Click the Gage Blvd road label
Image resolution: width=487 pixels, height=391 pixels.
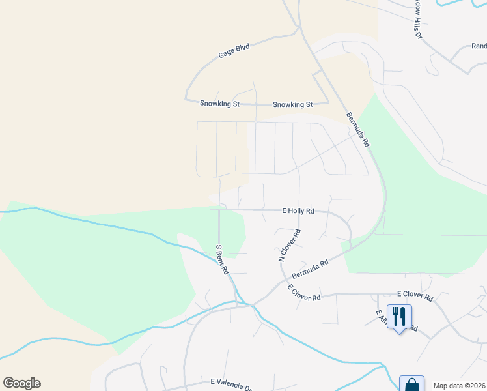[234, 51]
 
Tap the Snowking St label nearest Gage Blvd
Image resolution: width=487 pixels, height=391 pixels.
[219, 104]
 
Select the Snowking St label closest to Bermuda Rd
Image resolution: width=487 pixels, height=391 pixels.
[292, 104]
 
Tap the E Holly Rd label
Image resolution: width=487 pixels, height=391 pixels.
[298, 211]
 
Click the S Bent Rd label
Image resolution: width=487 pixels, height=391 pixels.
[222, 259]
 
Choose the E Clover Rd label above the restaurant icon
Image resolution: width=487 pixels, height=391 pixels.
[415, 296]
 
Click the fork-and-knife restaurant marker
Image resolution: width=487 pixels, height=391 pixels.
[398, 317]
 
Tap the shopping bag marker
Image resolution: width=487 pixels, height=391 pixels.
[411, 384]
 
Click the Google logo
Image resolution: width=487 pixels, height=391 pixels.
[21, 383]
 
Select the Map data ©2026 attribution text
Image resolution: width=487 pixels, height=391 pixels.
[460, 386]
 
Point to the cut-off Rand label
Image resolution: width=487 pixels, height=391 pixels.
[479, 46]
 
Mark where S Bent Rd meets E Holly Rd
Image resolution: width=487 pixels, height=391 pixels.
[219, 210]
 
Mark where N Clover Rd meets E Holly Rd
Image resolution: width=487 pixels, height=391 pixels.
[299, 210]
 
